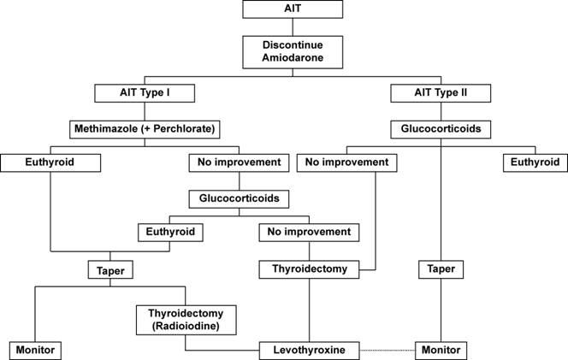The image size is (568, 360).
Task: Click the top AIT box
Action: click(x=293, y=9)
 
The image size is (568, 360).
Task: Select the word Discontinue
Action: click(x=293, y=45)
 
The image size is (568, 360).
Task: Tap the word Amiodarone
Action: click(x=293, y=57)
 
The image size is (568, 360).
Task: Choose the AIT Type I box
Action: click(x=145, y=93)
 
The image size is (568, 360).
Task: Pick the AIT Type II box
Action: click(x=441, y=93)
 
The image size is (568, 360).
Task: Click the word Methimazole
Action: click(x=106, y=128)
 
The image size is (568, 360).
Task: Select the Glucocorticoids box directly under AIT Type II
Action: click(x=441, y=129)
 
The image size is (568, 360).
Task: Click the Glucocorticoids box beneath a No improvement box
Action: click(x=239, y=199)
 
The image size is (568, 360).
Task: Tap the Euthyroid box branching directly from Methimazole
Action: click(x=50, y=162)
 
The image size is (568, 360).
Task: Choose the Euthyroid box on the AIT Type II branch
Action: click(x=535, y=162)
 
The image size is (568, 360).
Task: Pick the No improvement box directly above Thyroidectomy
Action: click(x=309, y=232)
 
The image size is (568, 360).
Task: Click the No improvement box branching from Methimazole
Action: click(x=239, y=162)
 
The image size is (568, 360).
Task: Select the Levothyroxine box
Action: click(x=310, y=351)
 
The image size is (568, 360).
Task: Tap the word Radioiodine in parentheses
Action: click(x=186, y=326)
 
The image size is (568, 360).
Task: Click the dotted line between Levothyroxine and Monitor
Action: click(x=388, y=351)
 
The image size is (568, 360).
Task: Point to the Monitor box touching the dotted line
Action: click(x=441, y=351)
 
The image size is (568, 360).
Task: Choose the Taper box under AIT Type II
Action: click(x=441, y=269)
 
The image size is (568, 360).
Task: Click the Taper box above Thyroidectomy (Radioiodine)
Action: click(x=110, y=270)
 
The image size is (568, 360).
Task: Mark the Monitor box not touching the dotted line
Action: click(x=35, y=351)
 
